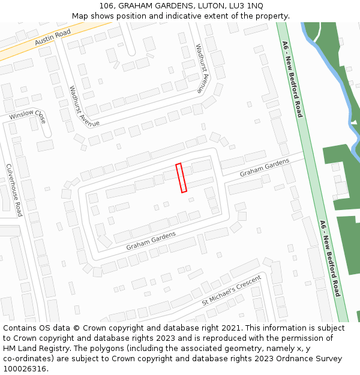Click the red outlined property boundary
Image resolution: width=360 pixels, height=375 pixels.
point(181,178)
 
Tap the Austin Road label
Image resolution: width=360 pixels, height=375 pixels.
point(52,37)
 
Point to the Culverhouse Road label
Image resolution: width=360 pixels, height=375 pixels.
point(14,190)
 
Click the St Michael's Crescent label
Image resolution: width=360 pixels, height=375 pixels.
point(232,291)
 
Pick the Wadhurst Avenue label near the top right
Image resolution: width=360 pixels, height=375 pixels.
point(203,68)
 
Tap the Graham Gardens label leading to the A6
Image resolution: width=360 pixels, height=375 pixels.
point(265,167)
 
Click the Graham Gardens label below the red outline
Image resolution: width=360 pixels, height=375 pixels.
point(151,241)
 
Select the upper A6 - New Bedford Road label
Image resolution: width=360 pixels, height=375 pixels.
point(292,79)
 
